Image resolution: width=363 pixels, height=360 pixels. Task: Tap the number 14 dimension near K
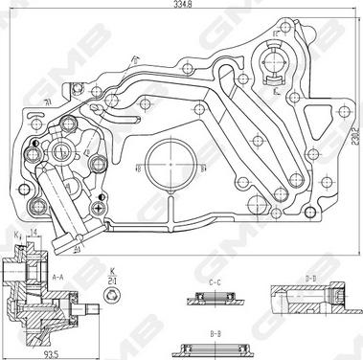pos(34,234)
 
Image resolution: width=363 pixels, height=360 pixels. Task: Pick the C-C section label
pos(216,283)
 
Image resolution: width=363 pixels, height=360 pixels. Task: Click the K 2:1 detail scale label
pos(114,275)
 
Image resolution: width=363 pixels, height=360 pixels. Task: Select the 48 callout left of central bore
pos(138,169)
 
